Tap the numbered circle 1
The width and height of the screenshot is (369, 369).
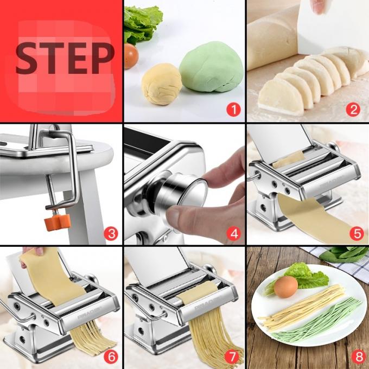point(233,110)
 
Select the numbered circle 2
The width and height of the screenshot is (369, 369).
point(353,110)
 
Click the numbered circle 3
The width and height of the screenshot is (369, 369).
point(111,233)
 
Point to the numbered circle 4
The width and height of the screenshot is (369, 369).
point(233,233)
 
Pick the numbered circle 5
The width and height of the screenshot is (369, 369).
point(356,233)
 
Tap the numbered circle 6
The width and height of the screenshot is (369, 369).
point(111,357)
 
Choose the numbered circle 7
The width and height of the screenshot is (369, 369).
point(233,357)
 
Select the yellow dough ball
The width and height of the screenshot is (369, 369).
point(161,84)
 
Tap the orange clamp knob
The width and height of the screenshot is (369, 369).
point(56,219)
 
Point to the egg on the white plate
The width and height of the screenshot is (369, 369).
point(285,287)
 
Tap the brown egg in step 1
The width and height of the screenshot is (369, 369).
point(130,55)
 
